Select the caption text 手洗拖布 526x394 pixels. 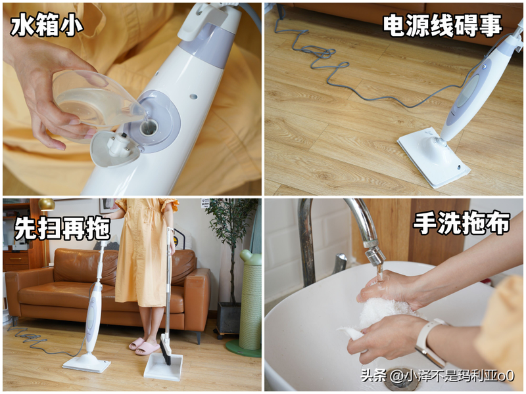461,223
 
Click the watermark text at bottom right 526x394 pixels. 437,376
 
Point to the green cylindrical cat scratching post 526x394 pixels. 250,302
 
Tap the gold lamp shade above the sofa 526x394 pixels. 46,204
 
